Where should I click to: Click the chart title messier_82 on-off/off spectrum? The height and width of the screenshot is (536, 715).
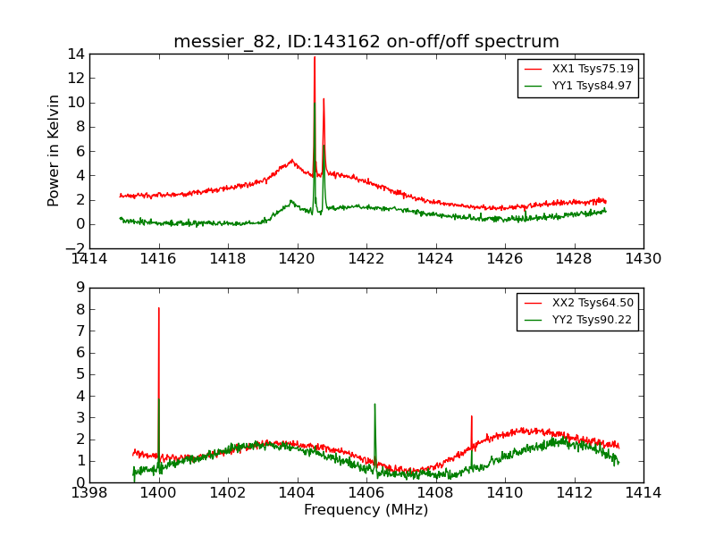366,42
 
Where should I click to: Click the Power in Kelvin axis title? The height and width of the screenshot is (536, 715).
55,150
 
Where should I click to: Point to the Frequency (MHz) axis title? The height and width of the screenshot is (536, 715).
366,510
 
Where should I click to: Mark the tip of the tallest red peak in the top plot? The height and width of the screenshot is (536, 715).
315,57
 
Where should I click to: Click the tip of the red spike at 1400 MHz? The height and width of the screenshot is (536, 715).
159,308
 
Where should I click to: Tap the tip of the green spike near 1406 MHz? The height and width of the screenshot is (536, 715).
374,404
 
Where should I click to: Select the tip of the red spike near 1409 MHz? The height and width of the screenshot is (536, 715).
471,415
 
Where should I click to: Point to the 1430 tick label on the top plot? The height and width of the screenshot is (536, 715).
643,259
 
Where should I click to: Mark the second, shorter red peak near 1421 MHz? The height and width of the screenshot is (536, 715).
324,98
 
